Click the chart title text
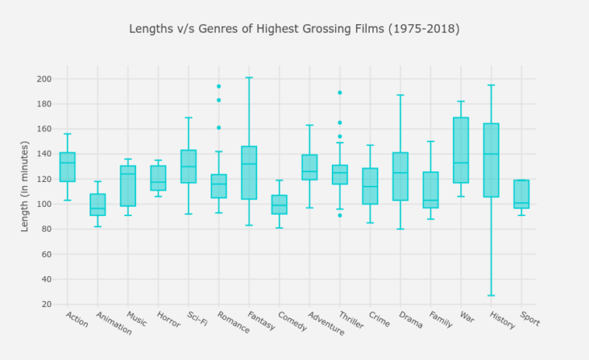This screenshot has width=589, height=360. [294, 30]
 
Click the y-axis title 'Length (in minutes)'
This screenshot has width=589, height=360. [25, 186]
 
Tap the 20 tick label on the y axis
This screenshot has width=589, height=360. [46, 304]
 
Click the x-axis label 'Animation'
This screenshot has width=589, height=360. [113, 323]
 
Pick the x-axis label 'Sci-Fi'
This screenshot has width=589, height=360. [197, 319]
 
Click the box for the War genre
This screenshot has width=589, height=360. [461, 150]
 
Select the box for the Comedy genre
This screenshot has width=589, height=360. [279, 204]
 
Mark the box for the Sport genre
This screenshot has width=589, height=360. [521, 194]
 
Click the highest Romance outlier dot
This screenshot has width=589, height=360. [218, 86]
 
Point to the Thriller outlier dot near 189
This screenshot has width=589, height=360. [340, 93]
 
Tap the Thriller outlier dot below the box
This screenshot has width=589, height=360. [340, 215]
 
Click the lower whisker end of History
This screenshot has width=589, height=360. [491, 295]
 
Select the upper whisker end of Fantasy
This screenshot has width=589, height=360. [249, 78]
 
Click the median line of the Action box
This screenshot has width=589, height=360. [68, 163]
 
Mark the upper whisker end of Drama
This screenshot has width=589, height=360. [400, 95]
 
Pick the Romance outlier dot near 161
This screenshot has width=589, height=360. [218, 128]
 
